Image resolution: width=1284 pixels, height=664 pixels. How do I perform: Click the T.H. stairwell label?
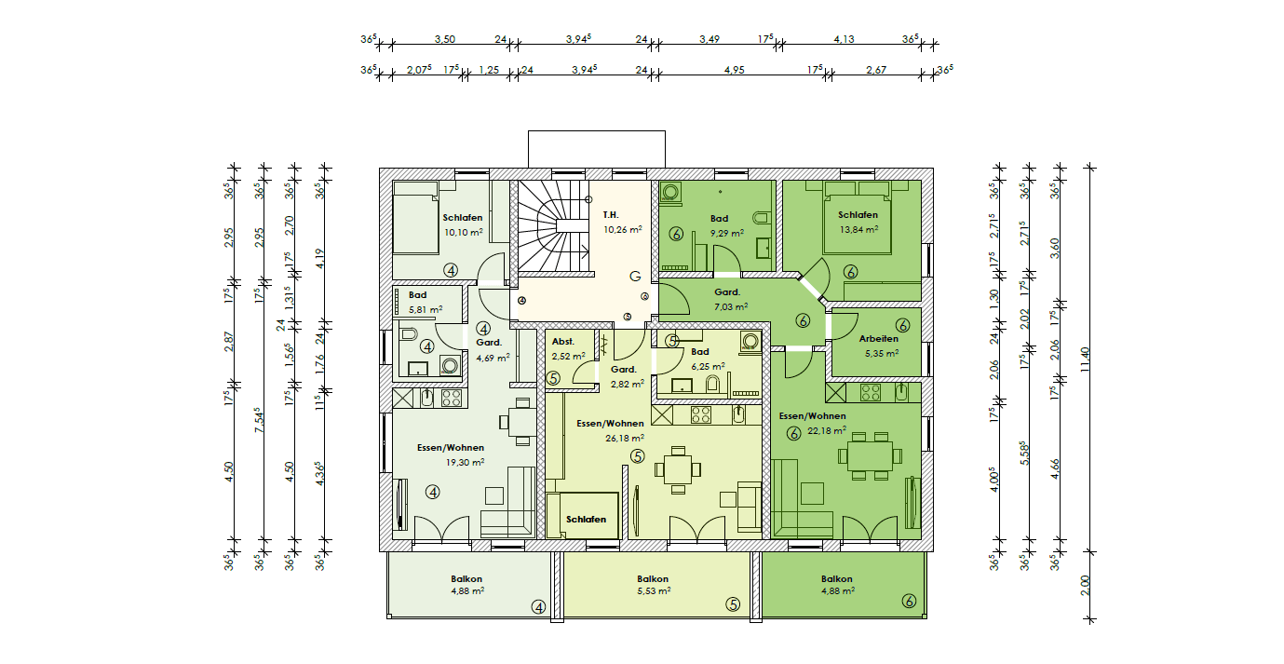pos(611,215)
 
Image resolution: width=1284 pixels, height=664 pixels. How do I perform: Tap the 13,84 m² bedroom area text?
pos(858,229)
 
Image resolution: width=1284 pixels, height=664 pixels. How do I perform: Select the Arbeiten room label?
pos(879,339)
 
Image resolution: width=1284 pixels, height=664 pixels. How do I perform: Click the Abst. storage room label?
pos(563,342)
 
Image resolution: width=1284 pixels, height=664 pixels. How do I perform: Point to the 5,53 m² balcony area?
pos(654,590)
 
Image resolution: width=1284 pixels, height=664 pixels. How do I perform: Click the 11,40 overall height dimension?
pos(1084,359)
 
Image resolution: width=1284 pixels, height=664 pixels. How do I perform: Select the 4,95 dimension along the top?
pos(735,70)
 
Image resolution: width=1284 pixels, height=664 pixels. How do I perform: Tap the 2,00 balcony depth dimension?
pos(1085,586)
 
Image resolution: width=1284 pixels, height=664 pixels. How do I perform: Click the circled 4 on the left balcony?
pos(538,606)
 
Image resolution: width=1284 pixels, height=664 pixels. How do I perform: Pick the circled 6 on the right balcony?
pos(909,601)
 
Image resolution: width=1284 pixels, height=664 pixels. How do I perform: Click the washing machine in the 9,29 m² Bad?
pos(670,192)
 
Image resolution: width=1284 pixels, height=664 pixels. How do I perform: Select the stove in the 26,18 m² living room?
pos(700,414)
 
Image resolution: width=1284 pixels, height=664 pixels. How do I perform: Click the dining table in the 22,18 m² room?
pos(870,456)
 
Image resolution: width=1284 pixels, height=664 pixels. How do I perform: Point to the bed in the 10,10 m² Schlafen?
pos(415,217)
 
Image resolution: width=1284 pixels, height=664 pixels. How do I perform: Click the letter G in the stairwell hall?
pos(635,277)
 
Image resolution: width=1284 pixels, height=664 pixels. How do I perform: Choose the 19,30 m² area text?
pos(466,462)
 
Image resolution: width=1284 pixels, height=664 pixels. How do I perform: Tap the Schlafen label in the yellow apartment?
pos(586,520)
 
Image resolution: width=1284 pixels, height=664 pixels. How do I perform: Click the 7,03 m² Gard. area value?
pos(731,306)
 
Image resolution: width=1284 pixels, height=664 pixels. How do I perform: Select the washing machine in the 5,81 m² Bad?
pos(450,366)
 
